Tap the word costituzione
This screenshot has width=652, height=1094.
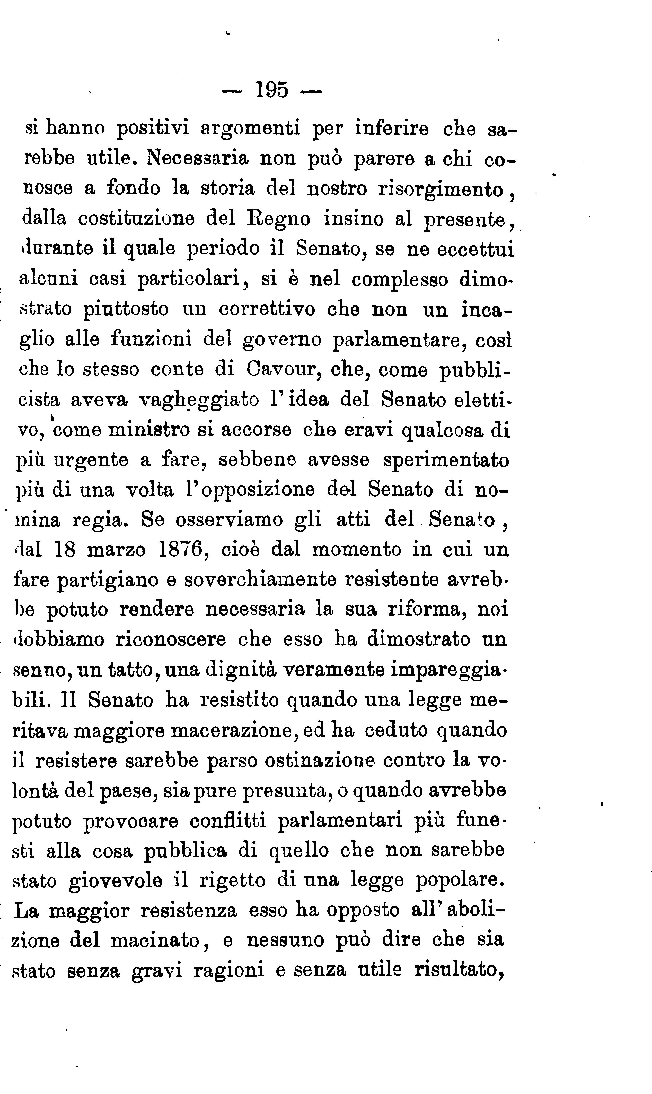click(136, 219)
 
